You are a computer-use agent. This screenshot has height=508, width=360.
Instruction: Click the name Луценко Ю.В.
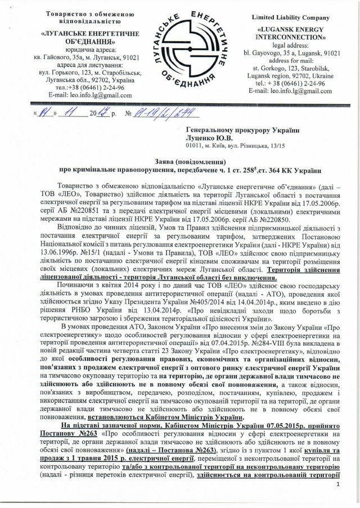pyautogui.click(x=208, y=137)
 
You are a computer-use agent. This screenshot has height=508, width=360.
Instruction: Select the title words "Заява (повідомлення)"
pyautogui.click(x=179, y=161)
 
